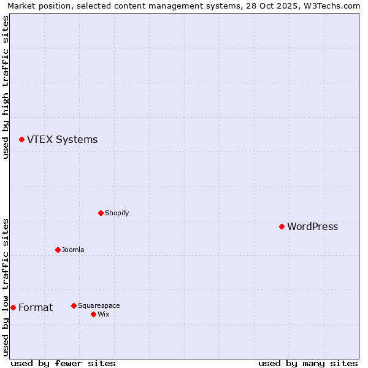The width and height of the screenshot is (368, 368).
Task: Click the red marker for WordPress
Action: tap(282, 226)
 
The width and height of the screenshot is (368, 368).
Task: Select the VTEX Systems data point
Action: tap(21, 139)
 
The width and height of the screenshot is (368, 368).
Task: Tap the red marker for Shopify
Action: tap(101, 213)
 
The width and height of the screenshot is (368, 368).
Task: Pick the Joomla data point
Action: tap(58, 250)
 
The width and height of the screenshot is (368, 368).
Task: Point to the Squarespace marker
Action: tap(74, 305)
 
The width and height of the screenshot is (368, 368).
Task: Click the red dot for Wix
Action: tap(93, 314)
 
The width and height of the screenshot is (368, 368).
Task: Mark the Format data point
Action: tap(13, 307)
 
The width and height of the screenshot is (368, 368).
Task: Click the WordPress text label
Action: tap(312, 226)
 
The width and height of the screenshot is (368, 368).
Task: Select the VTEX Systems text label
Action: tap(62, 139)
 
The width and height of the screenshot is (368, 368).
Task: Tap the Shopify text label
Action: tap(117, 213)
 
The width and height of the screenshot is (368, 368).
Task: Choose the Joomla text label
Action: tap(73, 250)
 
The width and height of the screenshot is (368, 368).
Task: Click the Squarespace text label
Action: tap(99, 305)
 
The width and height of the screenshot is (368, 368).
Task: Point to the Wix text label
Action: tap(103, 314)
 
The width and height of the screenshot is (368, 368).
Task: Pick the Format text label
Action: tap(36, 307)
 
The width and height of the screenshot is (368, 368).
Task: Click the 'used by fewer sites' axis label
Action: tap(63, 363)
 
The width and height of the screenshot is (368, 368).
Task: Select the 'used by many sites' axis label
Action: tap(308, 363)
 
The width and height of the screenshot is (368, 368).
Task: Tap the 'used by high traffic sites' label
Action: tap(6, 87)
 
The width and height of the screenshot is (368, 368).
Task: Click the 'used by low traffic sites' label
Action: tap(6, 287)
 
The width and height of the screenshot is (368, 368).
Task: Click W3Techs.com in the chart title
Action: tap(333, 6)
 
